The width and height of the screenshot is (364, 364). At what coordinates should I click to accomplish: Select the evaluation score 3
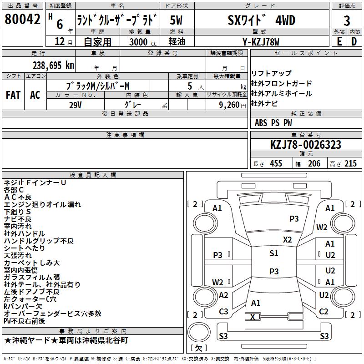coord(347,21)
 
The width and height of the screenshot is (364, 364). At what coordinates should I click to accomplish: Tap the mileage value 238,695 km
coord(53,65)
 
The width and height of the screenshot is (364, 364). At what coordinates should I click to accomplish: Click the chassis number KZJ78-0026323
coord(305,145)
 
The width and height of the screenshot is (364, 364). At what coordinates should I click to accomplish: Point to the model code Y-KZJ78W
coord(261,42)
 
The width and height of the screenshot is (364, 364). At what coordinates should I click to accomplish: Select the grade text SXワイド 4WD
coord(261,20)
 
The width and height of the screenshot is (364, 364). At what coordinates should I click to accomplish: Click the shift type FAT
coord(13,95)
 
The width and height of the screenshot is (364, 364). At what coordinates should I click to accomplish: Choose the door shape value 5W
coord(177,20)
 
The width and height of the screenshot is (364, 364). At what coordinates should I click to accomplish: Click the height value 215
coord(350,164)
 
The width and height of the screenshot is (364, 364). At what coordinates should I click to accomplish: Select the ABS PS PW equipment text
coord(273,123)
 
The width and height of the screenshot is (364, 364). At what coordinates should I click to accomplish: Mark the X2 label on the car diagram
coord(288,239)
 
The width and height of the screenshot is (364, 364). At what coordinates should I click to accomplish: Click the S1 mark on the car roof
coord(273,253)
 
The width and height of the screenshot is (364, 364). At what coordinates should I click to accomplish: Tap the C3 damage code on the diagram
coord(223,312)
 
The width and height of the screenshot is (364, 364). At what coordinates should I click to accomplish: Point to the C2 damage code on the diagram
coord(324,312)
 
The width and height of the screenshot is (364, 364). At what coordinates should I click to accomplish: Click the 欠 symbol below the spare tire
coord(198,349)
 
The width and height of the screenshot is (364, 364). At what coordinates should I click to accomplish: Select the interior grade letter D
coord(354,42)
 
